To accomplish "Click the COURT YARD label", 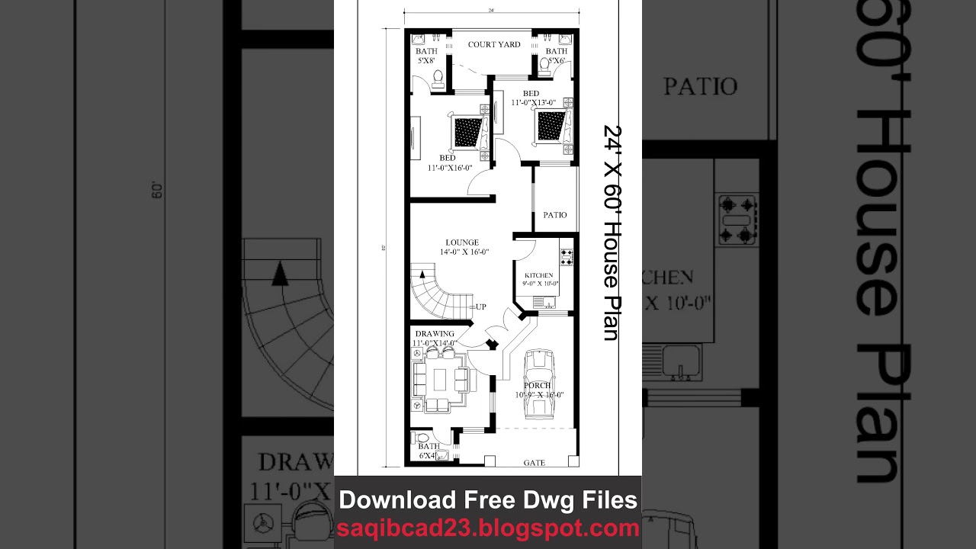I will pos(494,45).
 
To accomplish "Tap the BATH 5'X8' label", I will pos(426,56).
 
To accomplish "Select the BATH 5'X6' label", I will pos(556,56).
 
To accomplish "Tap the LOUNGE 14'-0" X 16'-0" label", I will pos(463,247).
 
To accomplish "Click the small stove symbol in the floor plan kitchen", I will pos(567,256).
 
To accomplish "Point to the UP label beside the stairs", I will pos(480,307).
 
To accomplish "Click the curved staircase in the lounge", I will pos(434,294).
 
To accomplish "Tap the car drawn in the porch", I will pos(540,384).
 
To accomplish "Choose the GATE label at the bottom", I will pos(534,463).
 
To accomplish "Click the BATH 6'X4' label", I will pos(428,451).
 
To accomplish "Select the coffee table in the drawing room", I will pos(441,378).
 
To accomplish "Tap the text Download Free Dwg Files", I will pos(488,500).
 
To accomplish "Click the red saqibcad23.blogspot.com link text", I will pos(488,528).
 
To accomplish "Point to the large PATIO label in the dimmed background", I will pos(700,86).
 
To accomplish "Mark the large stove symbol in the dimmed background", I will pos(737,219).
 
